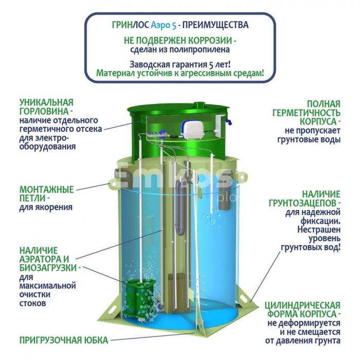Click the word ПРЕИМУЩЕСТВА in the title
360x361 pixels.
click(x=215, y=25)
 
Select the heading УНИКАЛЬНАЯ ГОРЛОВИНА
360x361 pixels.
click(x=46, y=107)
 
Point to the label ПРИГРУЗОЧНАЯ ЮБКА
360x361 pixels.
click(x=64, y=340)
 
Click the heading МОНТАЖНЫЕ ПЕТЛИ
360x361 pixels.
click(x=46, y=194)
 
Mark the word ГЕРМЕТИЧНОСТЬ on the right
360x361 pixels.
click(x=306, y=113)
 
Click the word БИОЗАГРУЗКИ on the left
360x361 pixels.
click(x=48, y=268)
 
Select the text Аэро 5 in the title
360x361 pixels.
click(x=164, y=25)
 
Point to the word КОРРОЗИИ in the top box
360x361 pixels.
click(x=210, y=41)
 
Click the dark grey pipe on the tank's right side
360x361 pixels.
click(x=223, y=198)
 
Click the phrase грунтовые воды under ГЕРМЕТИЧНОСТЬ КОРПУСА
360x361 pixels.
click(x=309, y=140)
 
